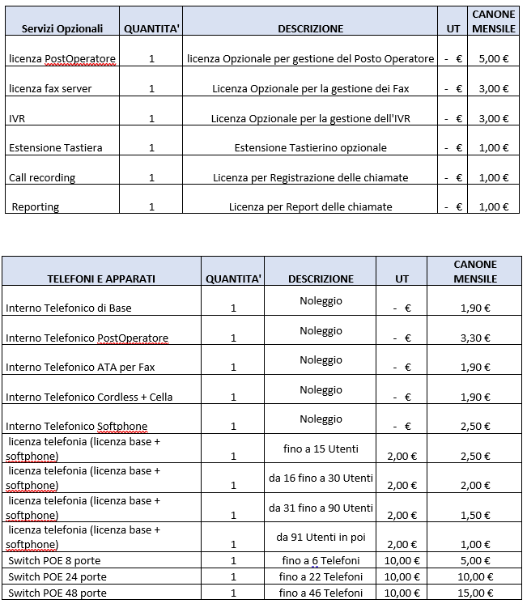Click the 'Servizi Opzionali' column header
click(62, 28)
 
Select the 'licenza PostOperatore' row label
click(62, 58)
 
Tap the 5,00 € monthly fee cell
click(493, 58)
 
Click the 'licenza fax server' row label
click(50, 88)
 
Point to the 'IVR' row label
click(17, 118)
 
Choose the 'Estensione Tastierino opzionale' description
click(310, 147)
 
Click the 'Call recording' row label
click(42, 177)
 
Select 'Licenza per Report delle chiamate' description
click(310, 206)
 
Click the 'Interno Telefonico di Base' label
click(69, 308)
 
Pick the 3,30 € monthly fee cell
click(474, 338)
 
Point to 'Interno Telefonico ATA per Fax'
click(80, 367)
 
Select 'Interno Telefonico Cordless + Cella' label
click(89, 397)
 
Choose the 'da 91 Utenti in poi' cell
click(321, 537)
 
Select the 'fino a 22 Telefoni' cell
click(321, 576)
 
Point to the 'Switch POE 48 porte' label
click(56, 593)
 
